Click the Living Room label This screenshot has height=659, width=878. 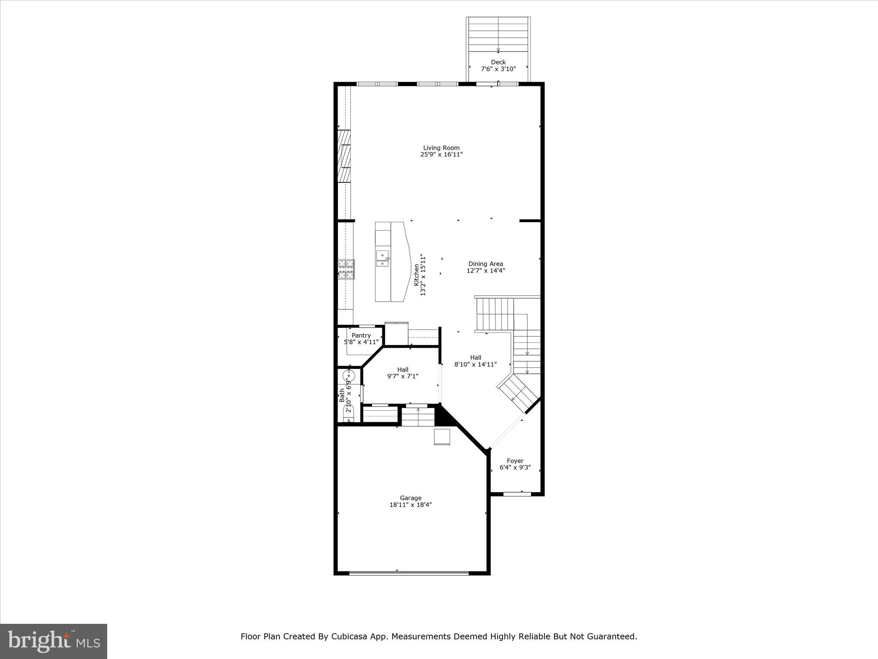click(x=441, y=148)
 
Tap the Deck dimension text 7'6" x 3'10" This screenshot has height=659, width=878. click(x=498, y=69)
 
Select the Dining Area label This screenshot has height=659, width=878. click(x=485, y=264)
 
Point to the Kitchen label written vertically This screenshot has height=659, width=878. click(x=416, y=275)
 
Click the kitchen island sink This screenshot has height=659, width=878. click(x=382, y=258)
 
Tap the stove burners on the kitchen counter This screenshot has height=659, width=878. click(x=346, y=269)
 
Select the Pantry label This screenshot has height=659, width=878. click(x=361, y=336)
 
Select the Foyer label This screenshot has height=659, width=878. click(x=515, y=461)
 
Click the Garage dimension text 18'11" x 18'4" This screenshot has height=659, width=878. click(x=410, y=505)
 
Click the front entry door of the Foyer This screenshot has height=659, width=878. click(x=517, y=494)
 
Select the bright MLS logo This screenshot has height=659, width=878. click(x=54, y=641)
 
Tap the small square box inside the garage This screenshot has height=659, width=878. click(x=442, y=437)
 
